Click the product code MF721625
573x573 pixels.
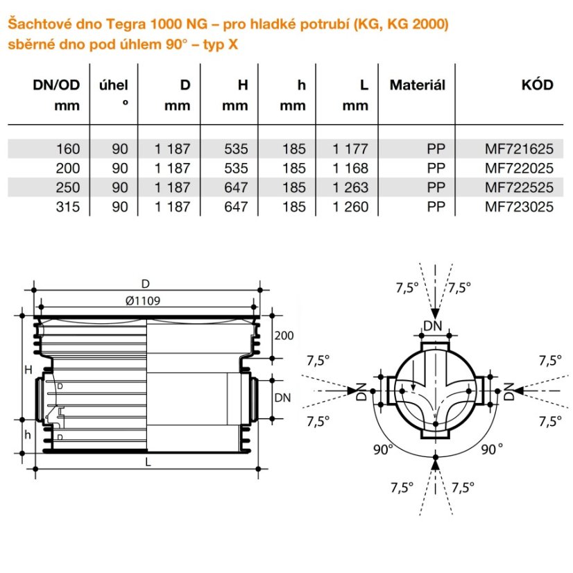click(x=519, y=149)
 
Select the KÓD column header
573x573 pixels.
click(x=537, y=85)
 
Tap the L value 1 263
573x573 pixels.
click(x=350, y=187)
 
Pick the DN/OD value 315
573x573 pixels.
click(x=67, y=207)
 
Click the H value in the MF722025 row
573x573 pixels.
click(x=236, y=169)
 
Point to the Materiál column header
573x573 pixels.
click(x=418, y=85)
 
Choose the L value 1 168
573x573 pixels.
click(x=350, y=169)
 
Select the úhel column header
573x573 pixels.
click(x=114, y=85)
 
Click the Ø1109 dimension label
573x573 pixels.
click(x=143, y=301)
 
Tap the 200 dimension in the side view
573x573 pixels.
click(x=284, y=336)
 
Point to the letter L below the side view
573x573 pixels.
click(x=148, y=463)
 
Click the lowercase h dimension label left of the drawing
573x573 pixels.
click(x=28, y=434)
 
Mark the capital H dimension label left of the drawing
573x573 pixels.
click(x=28, y=370)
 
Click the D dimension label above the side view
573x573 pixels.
click(x=146, y=284)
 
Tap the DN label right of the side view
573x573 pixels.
click(x=282, y=397)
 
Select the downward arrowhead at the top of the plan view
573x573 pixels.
click(x=435, y=314)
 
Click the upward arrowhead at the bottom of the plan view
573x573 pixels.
click(x=435, y=463)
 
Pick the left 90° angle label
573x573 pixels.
click(x=383, y=450)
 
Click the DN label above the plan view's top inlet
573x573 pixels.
click(x=433, y=325)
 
